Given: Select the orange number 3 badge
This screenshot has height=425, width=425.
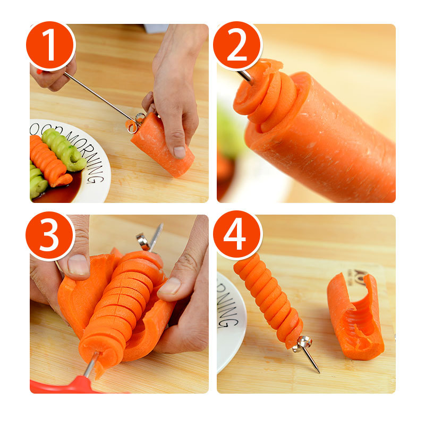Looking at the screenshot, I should [50, 236].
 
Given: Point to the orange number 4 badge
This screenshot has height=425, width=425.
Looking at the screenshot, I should [237, 236].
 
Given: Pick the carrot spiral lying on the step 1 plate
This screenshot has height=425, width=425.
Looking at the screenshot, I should [49, 163].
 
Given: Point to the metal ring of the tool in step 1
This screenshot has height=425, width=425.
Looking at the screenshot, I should [140, 117].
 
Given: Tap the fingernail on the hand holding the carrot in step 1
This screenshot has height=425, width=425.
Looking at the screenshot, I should [180, 152].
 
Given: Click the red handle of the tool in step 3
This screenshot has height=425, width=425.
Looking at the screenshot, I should [69, 385].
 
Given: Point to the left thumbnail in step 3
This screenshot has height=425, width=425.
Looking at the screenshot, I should [78, 265].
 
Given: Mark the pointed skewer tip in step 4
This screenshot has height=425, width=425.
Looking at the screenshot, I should [317, 370].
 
